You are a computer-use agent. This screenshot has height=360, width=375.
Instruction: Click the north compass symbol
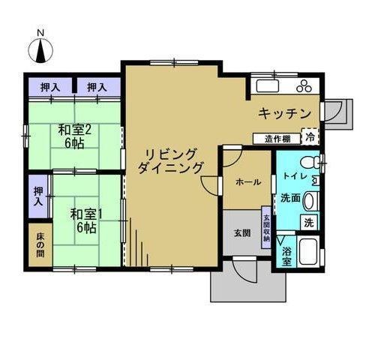coord(40,50)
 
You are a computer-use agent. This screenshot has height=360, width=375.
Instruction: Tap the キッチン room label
coord(284,113)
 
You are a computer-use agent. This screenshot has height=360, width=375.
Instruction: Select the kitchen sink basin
coord(268,85)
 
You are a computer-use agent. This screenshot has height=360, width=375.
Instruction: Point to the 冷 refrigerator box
coord(310,136)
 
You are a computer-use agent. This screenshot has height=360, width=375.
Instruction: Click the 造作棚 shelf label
coord(277,139)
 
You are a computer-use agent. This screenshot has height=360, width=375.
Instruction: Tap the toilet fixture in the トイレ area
coord(310,163)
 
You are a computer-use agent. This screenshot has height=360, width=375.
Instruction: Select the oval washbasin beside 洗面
coord(310,201)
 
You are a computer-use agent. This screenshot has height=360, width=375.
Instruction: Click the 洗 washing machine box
coord(309,222)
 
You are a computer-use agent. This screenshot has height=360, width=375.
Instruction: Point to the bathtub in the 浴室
coord(308,251)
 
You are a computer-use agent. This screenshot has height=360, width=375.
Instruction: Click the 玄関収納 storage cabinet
coord(266,227)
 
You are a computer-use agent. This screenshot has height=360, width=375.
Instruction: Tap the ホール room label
coord(248,182)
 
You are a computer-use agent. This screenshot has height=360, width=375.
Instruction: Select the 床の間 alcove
coord(40,244)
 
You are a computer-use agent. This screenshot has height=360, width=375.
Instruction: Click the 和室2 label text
coord(74,130)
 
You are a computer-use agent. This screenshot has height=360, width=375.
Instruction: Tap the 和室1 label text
coord(86,214)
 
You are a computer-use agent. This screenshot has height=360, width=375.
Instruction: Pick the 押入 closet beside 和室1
coord(38,196)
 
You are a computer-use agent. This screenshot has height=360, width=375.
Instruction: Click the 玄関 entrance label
coord(242,233)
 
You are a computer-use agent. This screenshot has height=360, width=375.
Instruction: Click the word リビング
coord(171,154)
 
